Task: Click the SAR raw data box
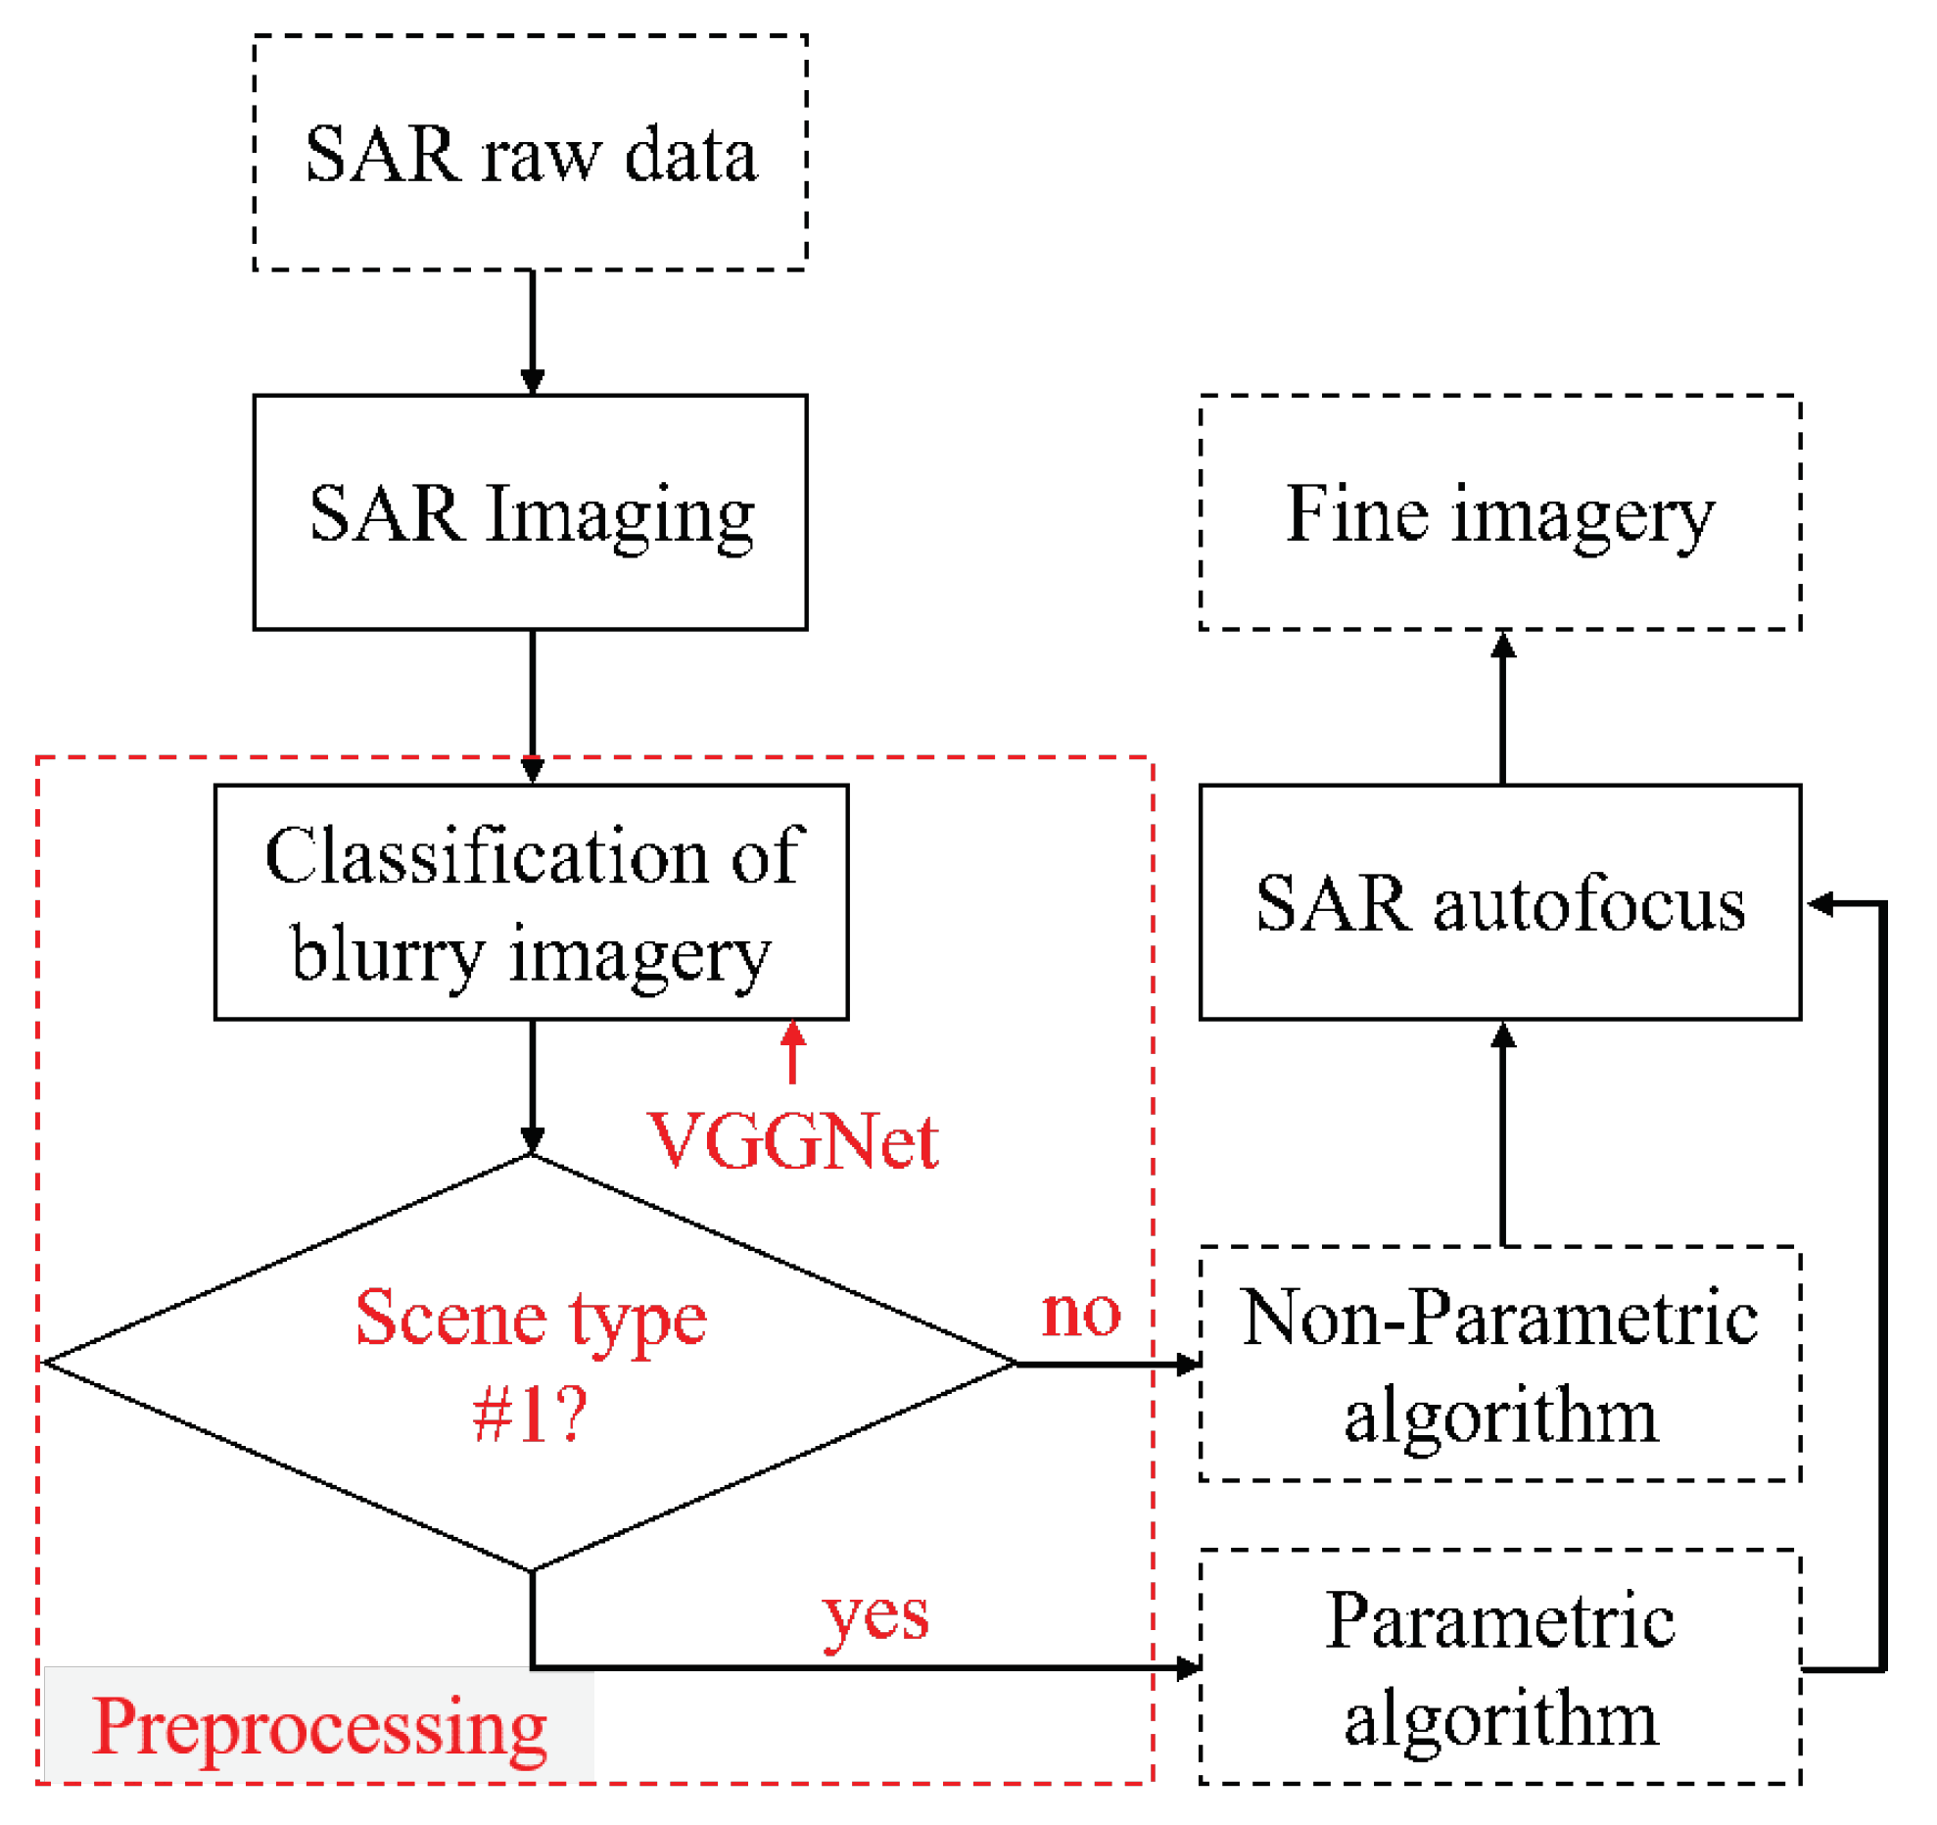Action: click(530, 153)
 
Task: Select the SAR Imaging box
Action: click(530, 511)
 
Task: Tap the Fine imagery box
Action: click(1499, 511)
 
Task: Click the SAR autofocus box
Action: click(1499, 901)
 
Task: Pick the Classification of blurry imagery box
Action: click(531, 901)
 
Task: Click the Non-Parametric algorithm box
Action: click(1499, 1363)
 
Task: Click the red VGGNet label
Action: click(792, 1141)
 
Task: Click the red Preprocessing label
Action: click(319, 1726)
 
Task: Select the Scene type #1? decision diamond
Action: click(530, 1363)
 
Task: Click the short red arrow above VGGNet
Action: click(792, 1051)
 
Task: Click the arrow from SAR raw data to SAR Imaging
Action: click(532, 331)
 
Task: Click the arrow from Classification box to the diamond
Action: click(532, 1085)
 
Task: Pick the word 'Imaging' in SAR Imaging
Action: click(620, 513)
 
